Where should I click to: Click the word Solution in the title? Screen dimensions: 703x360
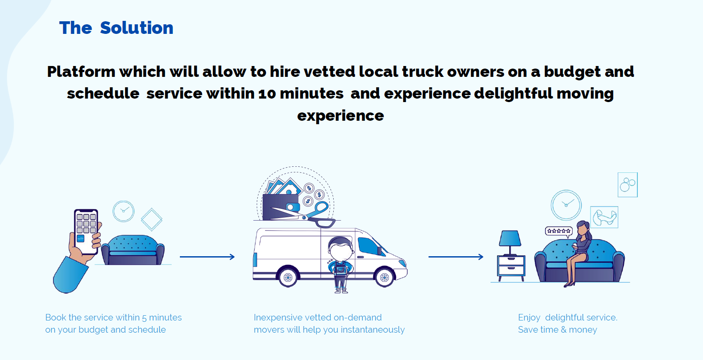coord(136,28)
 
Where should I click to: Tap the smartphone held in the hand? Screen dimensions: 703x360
coord(86,231)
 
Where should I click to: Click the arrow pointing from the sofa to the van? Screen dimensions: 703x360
coord(207,257)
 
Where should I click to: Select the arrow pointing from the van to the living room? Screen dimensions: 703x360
coord(456,257)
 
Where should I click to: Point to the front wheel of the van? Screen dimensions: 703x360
coord(385,277)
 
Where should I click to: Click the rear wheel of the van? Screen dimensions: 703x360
coord(288,277)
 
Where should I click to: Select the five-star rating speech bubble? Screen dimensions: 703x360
coord(559,231)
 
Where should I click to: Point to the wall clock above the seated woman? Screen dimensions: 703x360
coord(566,205)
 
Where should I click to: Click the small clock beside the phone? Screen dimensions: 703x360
coord(123,211)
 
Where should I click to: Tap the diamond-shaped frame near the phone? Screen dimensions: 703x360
coord(152,219)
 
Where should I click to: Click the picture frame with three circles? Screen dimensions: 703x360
coord(628,185)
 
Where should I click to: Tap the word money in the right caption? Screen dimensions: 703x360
coord(583,330)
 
